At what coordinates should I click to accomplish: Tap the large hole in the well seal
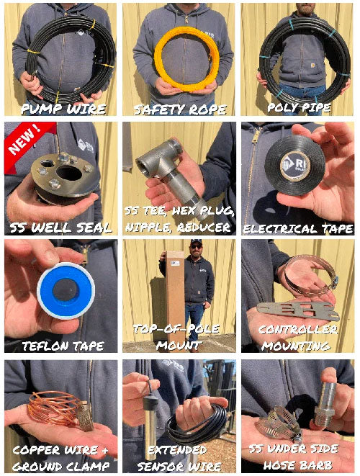tap(69, 173)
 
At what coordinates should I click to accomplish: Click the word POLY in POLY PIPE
tap(282, 108)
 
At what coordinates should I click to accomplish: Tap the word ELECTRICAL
tap(275, 229)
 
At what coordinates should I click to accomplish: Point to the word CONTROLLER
tap(298, 330)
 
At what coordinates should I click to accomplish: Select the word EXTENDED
tap(177, 450)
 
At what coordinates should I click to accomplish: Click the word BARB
tap(315, 465)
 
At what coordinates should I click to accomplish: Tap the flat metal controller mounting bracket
tap(298, 310)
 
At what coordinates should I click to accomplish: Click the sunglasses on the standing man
tap(196, 247)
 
